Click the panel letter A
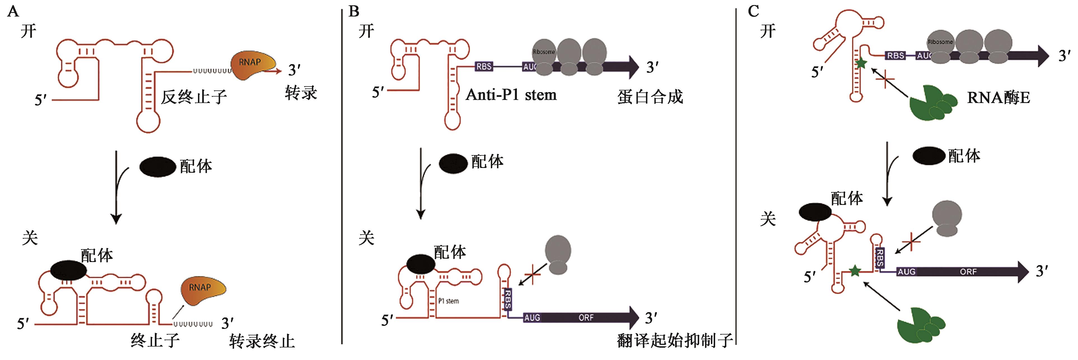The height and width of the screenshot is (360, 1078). coord(13,11)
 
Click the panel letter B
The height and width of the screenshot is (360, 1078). coord(354,11)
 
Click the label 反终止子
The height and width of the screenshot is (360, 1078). coord(194,97)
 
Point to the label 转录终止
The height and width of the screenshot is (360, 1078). coord(262,341)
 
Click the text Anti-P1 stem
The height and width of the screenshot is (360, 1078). coord(511,95)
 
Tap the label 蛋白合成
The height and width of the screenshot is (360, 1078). coord(650,97)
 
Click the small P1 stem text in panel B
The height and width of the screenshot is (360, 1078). coord(449,301)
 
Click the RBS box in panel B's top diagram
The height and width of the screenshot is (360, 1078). coord(484,67)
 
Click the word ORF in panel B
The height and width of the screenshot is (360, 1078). coord(586,318)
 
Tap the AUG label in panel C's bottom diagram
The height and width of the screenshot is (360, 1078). coord(906,272)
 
